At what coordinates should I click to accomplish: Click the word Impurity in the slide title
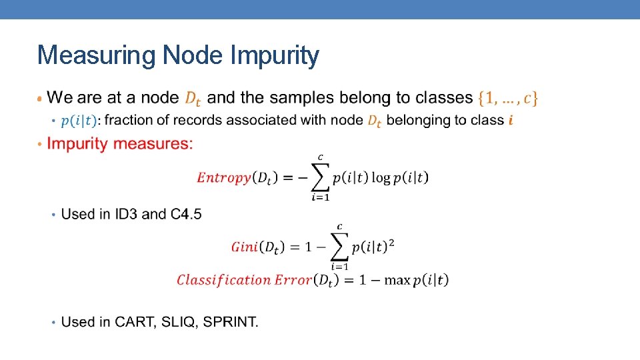[275, 56]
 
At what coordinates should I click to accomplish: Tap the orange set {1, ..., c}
[508, 98]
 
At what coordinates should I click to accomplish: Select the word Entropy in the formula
[224, 177]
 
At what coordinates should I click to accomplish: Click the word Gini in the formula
[244, 247]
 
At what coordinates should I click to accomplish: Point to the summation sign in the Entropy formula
[320, 177]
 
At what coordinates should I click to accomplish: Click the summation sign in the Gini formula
[339, 247]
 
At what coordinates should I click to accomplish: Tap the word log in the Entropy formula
[381, 177]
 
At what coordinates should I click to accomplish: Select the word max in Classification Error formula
[397, 280]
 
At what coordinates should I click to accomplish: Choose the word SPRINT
[230, 322]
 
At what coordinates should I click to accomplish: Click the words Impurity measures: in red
[120, 143]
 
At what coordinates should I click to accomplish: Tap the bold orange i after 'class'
[511, 121]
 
